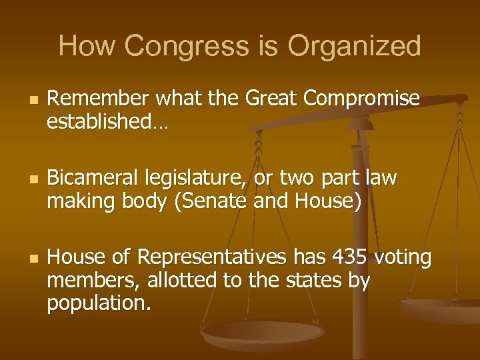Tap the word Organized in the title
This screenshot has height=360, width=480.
pyautogui.click(x=354, y=47)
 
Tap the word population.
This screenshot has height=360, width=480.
pyautogui.click(x=99, y=303)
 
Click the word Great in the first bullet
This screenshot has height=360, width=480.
pyautogui.click(x=273, y=99)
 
